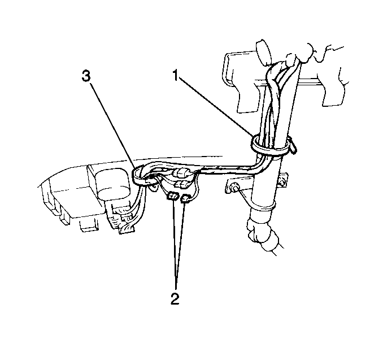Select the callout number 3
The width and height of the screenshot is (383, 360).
click(86, 76)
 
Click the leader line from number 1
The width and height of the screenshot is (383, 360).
click(216, 106)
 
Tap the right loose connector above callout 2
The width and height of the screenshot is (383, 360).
click(186, 198)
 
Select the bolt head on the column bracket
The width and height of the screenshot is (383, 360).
click(234, 188)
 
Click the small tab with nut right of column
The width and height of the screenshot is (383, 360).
click(283, 180)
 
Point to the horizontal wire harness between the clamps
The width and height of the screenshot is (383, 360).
click(227, 170)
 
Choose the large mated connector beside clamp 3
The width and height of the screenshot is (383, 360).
click(181, 174)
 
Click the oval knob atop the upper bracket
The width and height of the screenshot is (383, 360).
click(263, 53)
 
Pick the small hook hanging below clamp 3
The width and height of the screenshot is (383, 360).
click(154, 188)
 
